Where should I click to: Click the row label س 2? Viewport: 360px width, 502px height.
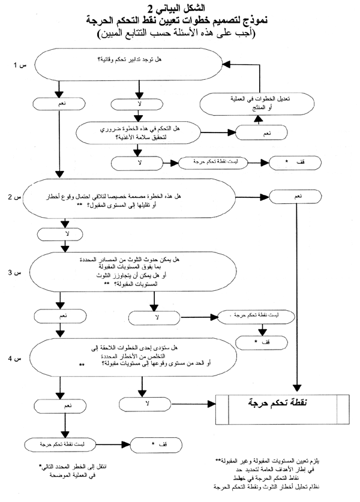(14, 196)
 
